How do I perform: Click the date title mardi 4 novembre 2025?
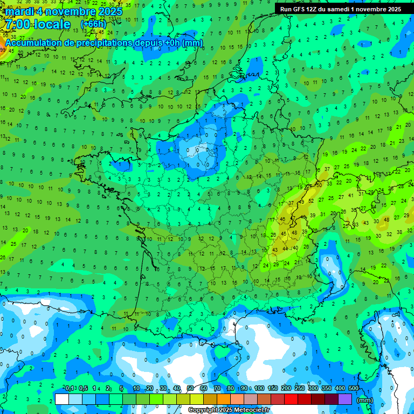tap(64, 11)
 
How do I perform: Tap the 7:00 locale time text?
tap(37, 24)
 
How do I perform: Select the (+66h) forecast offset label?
tap(93, 24)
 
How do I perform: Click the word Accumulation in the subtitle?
tap(33, 43)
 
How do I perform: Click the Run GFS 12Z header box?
tap(341, 9)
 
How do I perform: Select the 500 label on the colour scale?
tap(353, 389)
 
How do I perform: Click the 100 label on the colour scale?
tap(259, 389)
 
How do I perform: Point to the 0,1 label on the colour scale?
tap(70, 389)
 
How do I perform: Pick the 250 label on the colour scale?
tap(299, 389)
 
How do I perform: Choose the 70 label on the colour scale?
tap(217, 389)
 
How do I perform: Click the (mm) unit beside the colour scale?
tap(365, 400)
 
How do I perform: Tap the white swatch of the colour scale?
tap(62, 399)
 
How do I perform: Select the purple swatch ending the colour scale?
tap(345, 399)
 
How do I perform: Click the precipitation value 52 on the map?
tap(311, 201)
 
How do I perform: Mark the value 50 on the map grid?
tap(319, 185)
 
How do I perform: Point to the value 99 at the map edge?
tap(3, 50)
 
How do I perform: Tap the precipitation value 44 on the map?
tap(285, 249)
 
